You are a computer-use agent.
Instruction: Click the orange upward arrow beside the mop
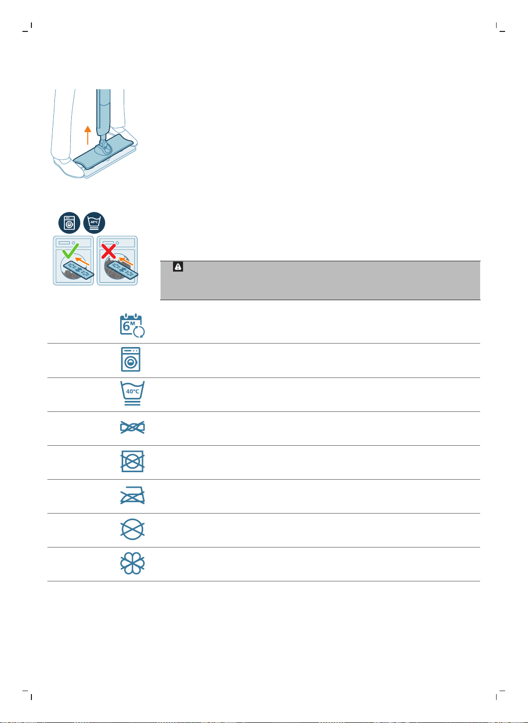pos(87,135)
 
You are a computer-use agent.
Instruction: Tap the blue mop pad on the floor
pos(103,152)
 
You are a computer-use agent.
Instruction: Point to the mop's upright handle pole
pos(103,113)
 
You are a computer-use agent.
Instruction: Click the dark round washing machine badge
pos(69,223)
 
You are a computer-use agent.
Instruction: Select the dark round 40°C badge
pos(94,223)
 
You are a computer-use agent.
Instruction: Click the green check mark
pos(71,251)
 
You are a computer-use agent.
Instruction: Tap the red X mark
pos(108,251)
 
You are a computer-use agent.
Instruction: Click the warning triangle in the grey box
pos(178,267)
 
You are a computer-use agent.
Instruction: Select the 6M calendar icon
pos(132,325)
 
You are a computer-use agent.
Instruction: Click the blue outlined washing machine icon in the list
pos(131,359)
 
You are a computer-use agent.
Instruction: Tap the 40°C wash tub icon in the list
pos(132,393)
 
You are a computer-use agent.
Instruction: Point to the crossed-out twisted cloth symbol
pos(132,427)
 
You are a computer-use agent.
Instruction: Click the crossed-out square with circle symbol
pos(132,461)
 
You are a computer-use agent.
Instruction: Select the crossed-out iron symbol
pos(132,495)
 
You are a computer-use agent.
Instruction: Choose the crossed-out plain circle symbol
pos(132,529)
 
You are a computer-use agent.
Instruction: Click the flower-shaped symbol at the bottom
pos(132,563)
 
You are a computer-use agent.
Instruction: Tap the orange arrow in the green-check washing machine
pos(82,261)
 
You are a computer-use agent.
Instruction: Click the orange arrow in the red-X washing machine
pos(126,261)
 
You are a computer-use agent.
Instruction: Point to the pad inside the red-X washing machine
pos(123,270)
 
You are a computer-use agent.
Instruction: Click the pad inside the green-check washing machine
pos(79,270)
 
